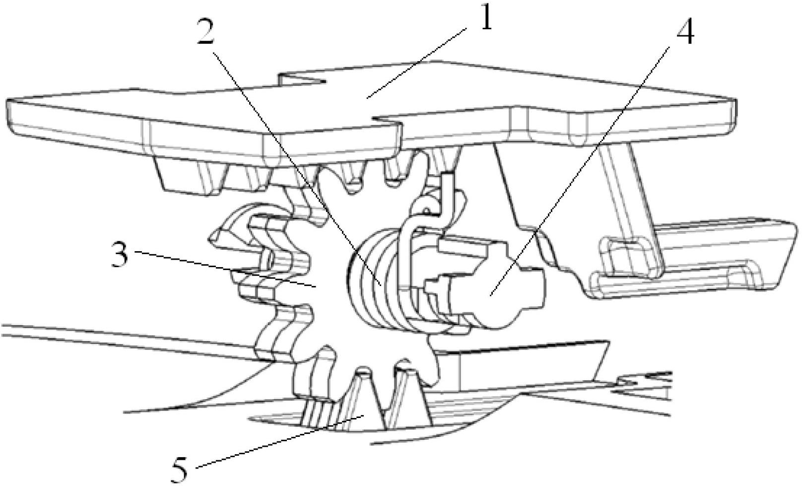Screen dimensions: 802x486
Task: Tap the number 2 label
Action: point(204,31)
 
